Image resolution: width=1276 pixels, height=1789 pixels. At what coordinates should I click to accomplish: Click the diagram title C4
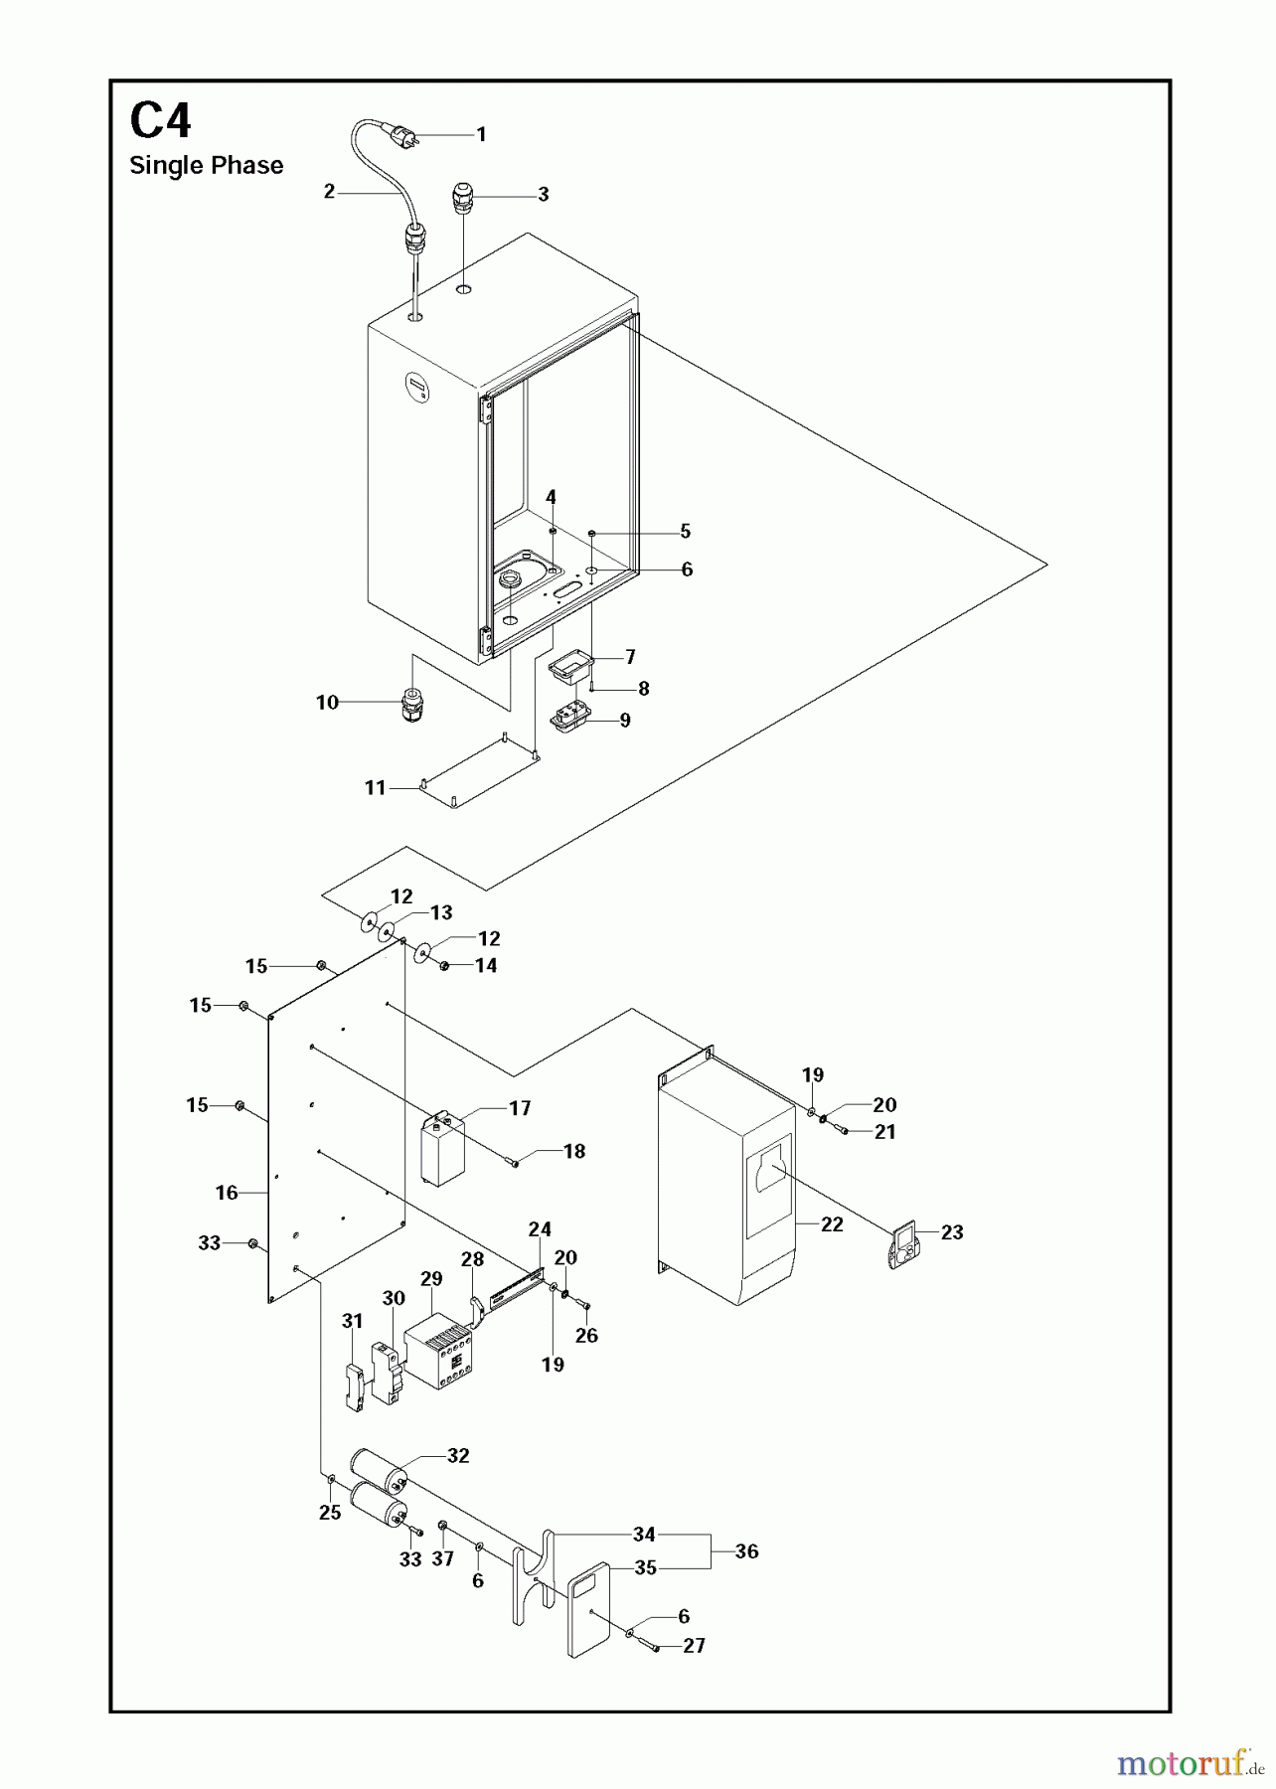(160, 122)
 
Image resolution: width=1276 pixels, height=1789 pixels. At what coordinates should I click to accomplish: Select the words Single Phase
(206, 166)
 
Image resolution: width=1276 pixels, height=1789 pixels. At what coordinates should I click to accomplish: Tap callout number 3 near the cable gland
(543, 195)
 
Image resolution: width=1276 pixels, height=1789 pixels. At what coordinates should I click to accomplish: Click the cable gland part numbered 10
(410, 705)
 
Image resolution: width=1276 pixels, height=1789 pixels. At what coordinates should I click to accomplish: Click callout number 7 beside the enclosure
(630, 657)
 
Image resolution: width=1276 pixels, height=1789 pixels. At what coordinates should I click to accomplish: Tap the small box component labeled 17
(442, 1150)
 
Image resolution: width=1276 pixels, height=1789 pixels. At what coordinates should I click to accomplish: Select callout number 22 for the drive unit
(832, 1224)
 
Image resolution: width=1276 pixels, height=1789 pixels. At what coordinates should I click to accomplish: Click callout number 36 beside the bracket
(746, 1551)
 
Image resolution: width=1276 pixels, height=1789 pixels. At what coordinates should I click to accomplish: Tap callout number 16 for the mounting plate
(227, 1193)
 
